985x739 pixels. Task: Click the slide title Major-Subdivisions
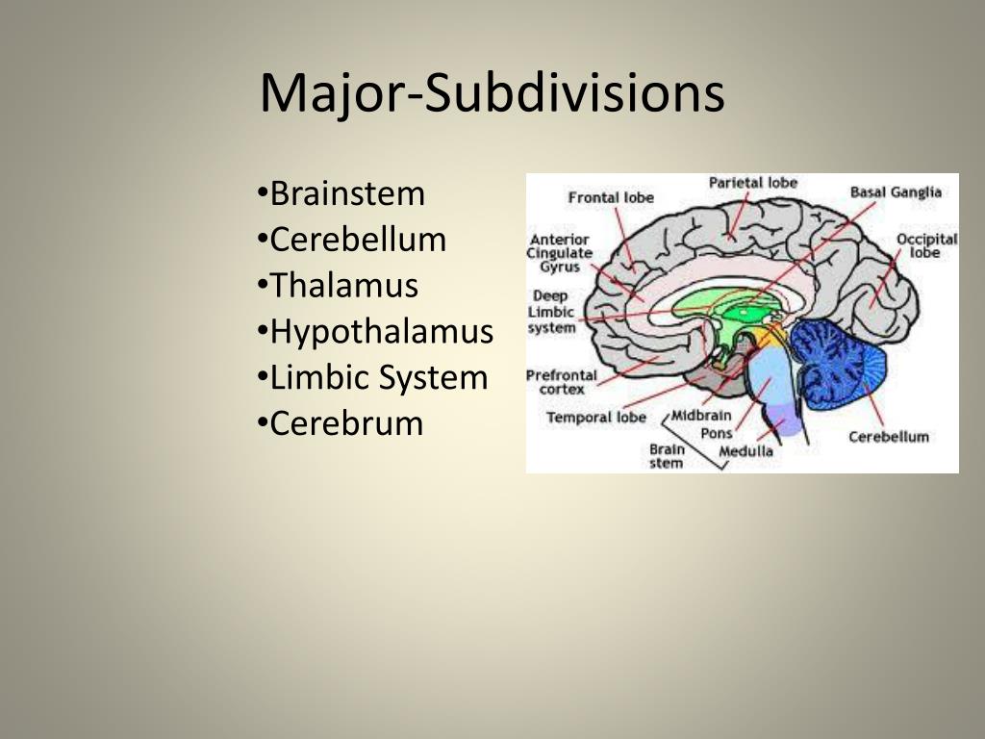(x=492, y=93)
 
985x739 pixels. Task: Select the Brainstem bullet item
(x=346, y=193)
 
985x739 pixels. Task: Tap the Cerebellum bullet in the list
(x=357, y=240)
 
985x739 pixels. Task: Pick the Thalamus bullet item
(x=343, y=286)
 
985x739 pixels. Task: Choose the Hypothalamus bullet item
(x=381, y=332)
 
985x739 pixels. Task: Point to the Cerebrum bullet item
(x=345, y=423)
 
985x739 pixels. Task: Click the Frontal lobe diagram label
(x=611, y=197)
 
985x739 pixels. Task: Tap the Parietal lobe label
(x=753, y=183)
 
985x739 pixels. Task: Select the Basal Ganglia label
(x=896, y=192)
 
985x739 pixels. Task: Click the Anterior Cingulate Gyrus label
(x=560, y=253)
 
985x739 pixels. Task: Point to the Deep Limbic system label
(x=551, y=312)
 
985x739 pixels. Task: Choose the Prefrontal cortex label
(x=561, y=382)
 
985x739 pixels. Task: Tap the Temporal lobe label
(x=595, y=418)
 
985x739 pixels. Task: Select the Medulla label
(x=745, y=451)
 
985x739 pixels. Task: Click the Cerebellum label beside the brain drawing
(x=889, y=437)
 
